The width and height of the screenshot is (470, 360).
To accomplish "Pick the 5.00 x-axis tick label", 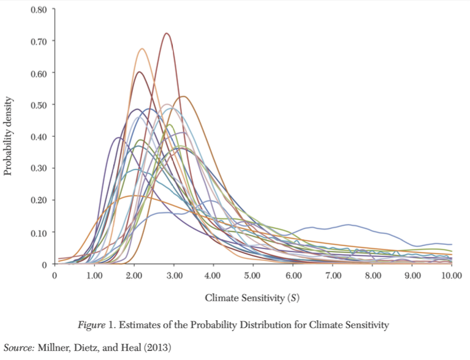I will point(252,276).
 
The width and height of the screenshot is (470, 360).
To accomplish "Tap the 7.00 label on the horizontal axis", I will point(332,276).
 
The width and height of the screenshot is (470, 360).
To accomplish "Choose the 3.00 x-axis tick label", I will point(173,276).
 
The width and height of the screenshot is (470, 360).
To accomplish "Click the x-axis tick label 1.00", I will point(94,276).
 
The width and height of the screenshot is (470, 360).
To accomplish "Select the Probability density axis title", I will point(9,137).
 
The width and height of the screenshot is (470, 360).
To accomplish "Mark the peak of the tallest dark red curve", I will point(166,34).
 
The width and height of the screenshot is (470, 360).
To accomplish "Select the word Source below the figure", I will point(18,347).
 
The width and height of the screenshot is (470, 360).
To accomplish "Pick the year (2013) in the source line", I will point(158,347).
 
